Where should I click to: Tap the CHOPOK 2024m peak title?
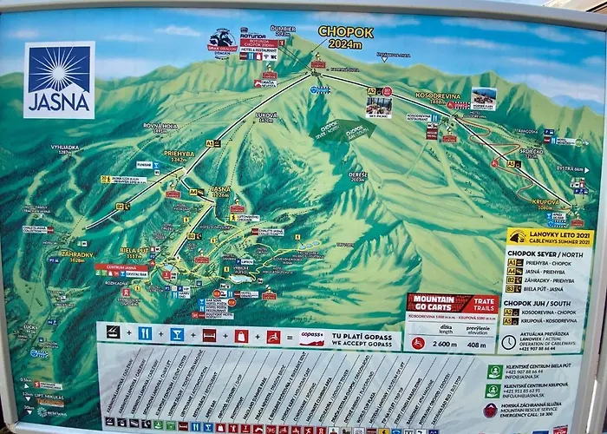pos(345,36)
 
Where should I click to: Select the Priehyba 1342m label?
pos(179,157)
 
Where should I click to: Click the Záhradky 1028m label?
pos(76,257)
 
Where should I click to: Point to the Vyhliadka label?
pos(65,148)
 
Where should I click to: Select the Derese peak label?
pos(358,175)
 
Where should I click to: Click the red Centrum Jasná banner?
pos(121,267)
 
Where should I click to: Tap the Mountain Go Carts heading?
pos(452,303)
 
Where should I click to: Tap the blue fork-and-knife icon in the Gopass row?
pos(145,332)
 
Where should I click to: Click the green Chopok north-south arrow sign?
pos(343,131)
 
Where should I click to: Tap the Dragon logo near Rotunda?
pos(222,42)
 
